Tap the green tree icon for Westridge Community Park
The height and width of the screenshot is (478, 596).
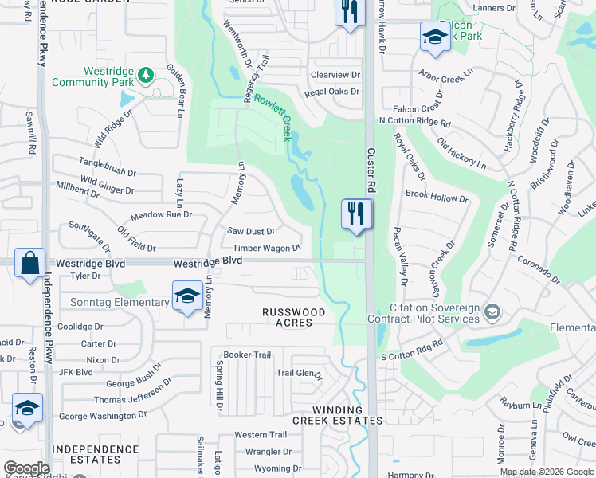[x=145, y=75]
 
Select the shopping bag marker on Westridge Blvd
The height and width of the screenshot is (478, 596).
[x=29, y=263]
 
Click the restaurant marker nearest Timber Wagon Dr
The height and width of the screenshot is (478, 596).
[x=356, y=214]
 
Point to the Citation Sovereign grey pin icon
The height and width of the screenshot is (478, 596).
[x=492, y=311]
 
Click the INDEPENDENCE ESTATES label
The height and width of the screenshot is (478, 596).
[x=96, y=454]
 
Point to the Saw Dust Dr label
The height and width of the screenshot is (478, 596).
[x=251, y=231]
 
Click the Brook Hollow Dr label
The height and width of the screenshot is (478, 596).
[x=437, y=197]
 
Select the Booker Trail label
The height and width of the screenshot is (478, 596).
[x=248, y=355]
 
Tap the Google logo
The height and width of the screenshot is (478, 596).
[x=26, y=468]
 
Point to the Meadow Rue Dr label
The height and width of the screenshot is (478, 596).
[x=162, y=214]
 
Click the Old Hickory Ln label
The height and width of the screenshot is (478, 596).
[x=462, y=154]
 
